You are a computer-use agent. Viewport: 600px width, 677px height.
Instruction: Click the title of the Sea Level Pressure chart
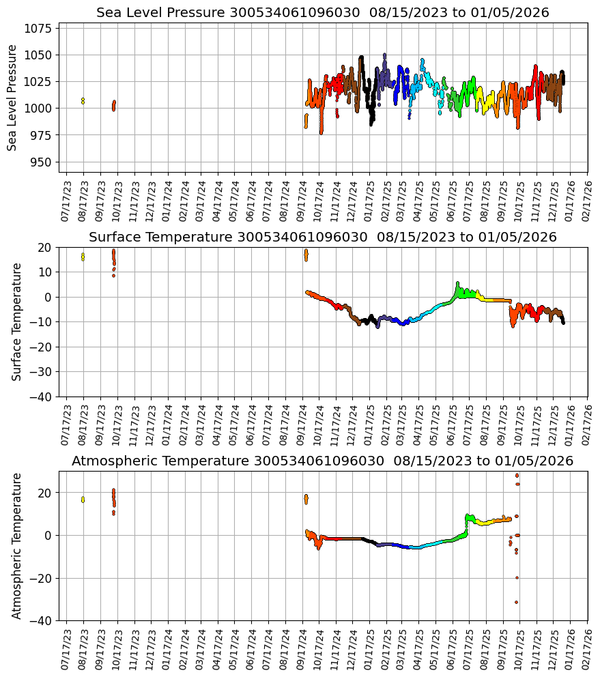pyautogui.click(x=322, y=13)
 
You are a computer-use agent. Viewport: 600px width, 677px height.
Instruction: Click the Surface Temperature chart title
pyautogui.click(x=322, y=237)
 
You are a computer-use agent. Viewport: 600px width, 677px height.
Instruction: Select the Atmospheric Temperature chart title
pyautogui.click(x=322, y=461)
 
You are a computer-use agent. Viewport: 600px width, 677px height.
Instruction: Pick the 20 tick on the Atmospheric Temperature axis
pyautogui.click(x=45, y=493)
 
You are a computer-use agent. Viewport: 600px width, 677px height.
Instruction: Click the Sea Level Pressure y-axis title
pyautogui.click(x=13, y=98)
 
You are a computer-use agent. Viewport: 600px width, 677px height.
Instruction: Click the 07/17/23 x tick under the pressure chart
pyautogui.click(x=66, y=202)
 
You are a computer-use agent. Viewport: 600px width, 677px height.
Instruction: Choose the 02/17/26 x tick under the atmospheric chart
pyautogui.click(x=586, y=650)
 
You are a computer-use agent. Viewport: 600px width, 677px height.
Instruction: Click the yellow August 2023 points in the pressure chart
pyautogui.click(x=83, y=101)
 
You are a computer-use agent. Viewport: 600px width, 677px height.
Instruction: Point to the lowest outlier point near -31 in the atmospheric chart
pyautogui.click(x=516, y=602)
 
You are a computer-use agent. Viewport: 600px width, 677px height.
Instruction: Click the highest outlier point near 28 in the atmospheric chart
pyautogui.click(x=517, y=475)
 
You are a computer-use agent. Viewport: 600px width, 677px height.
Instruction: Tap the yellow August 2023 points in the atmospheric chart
pyautogui.click(x=83, y=500)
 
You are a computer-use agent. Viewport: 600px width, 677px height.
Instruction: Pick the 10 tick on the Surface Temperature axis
pyautogui.click(x=45, y=272)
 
